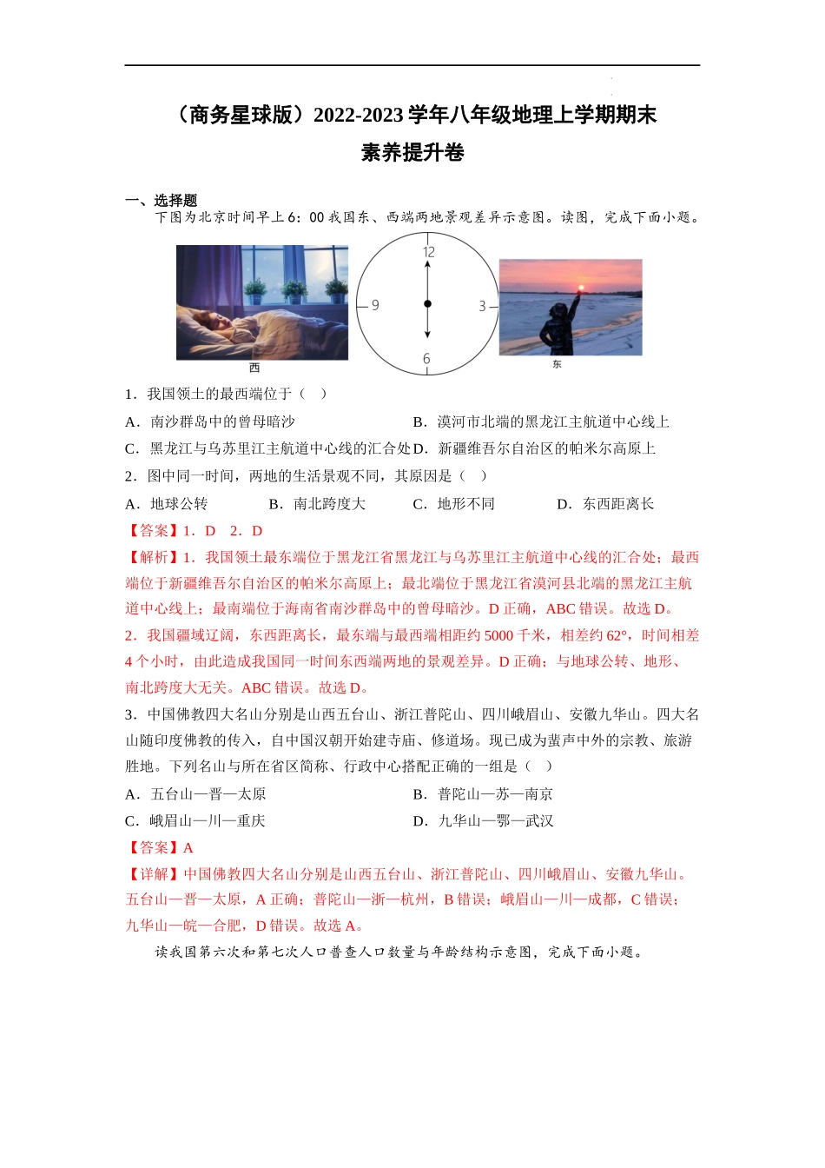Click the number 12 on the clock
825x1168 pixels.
[428, 252]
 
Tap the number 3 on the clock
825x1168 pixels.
[482, 306]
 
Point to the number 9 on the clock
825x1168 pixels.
[375, 305]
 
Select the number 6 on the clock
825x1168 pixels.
[426, 358]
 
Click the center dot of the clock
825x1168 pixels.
[427, 304]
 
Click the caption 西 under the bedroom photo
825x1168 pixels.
[254, 368]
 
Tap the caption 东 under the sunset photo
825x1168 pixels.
[557, 365]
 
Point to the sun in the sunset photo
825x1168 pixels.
[580, 287]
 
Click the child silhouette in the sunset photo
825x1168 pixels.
[558, 323]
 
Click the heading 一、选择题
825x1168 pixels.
[161, 201]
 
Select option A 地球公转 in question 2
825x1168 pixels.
[167, 504]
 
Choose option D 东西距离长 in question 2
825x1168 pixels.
[605, 504]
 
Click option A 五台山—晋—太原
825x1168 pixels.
[196, 794]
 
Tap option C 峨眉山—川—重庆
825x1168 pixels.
[195, 821]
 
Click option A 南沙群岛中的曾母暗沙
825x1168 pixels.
[210, 422]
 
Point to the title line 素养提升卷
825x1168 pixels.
[412, 153]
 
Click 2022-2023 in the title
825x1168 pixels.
[358, 116]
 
